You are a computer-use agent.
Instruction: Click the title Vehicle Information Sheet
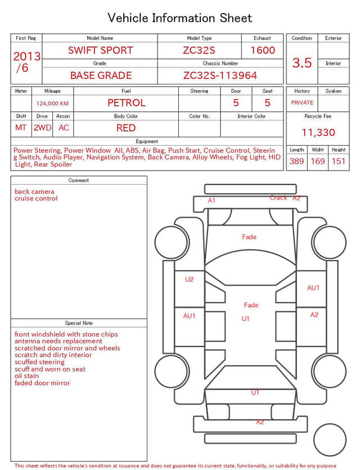(179, 18)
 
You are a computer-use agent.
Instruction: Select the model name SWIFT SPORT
(100, 50)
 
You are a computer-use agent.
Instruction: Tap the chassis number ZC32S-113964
(220, 75)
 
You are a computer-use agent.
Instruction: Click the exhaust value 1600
(263, 50)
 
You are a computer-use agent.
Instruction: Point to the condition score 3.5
(302, 62)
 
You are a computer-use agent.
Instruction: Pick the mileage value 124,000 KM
(52, 104)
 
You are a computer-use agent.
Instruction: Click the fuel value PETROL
(127, 103)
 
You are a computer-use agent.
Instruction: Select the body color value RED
(126, 128)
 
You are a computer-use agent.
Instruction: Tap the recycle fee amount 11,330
(318, 132)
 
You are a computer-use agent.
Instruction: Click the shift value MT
(21, 128)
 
